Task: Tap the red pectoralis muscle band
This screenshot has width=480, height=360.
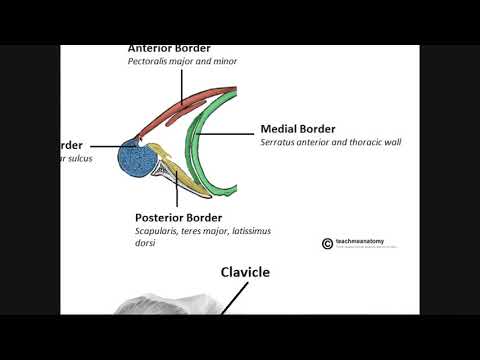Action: (180, 113)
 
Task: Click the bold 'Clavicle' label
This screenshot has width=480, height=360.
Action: (245, 271)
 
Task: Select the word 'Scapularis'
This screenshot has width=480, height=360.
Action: (160, 231)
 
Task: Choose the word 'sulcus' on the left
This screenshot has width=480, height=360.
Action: (80, 159)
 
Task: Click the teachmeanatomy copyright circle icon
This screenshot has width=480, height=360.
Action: (327, 243)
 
